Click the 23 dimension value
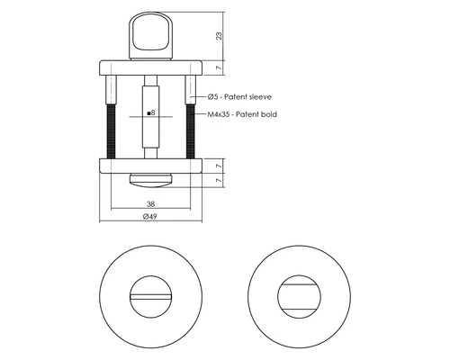click(x=220, y=37)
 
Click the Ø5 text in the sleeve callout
click(x=213, y=96)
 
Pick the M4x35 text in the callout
click(x=220, y=115)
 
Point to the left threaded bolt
click(x=110, y=131)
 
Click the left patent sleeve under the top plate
click(x=110, y=91)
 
